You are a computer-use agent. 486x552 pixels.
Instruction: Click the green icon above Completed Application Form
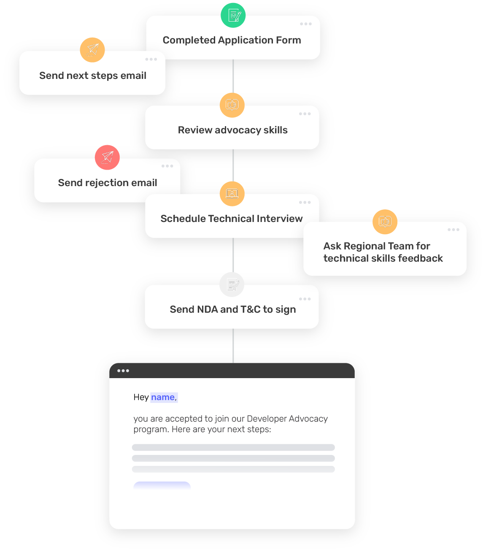coord(233,15)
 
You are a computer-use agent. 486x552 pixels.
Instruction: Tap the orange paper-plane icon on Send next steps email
coord(92,50)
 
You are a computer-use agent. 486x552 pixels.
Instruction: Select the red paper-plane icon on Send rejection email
coord(107,157)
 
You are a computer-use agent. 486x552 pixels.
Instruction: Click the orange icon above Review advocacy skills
coord(232,105)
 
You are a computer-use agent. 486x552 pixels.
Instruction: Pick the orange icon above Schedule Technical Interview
coord(232,194)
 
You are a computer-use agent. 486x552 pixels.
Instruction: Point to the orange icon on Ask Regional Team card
coord(385,222)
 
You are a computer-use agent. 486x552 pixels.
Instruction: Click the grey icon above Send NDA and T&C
coord(232,285)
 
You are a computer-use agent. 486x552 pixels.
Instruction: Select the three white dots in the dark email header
coord(123,371)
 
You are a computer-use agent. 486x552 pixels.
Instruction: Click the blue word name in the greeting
coord(163,397)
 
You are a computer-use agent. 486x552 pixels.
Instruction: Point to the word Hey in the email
coord(141,397)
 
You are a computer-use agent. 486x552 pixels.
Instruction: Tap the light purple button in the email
coord(162,486)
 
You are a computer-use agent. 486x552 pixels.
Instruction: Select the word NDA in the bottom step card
coord(208,309)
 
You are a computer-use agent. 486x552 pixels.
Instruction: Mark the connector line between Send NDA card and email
coord(233,346)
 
